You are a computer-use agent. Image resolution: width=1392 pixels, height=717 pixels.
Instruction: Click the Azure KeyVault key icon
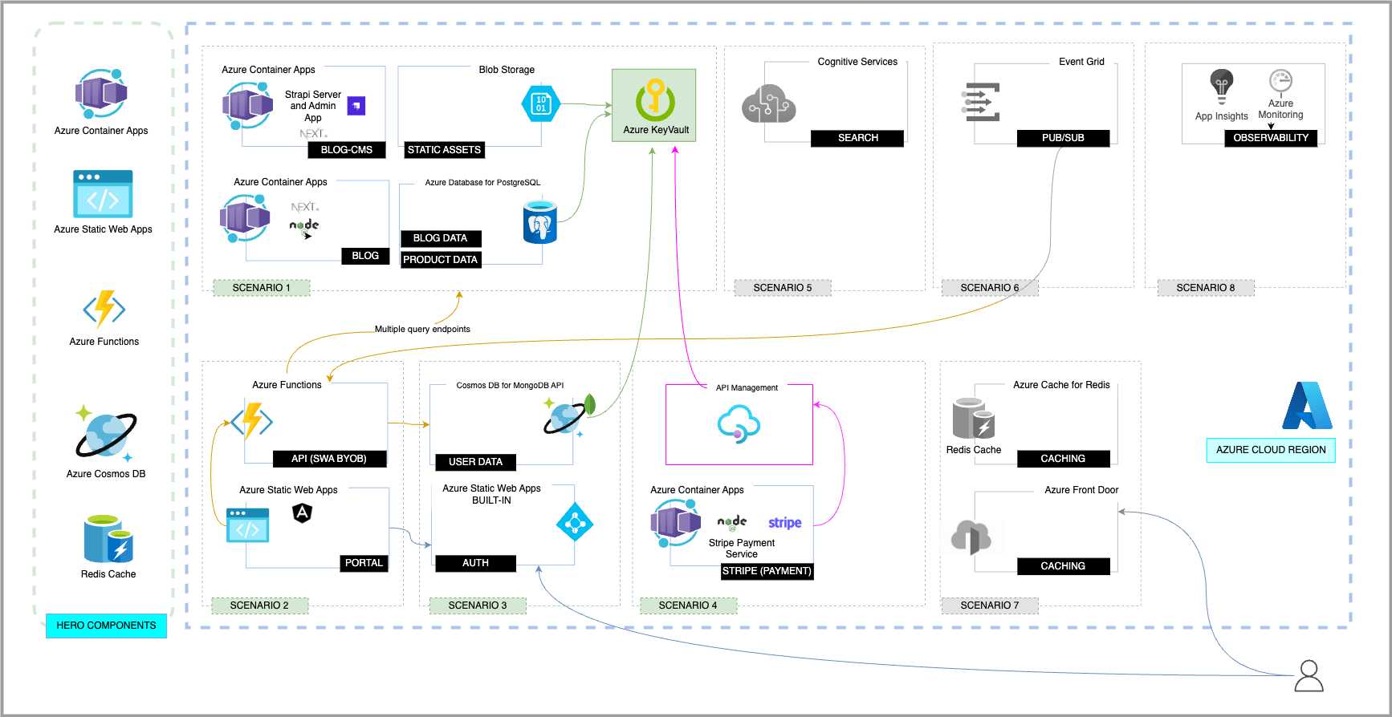(655, 99)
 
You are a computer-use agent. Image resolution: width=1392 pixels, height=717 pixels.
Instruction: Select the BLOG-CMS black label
(347, 150)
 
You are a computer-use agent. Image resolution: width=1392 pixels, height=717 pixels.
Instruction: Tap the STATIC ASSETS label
(444, 150)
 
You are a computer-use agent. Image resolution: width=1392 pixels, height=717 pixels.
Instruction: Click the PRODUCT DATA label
(440, 260)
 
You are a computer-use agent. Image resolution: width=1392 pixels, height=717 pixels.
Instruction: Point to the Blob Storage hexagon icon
(540, 103)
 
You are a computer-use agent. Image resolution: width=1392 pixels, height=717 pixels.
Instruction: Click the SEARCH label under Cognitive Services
(857, 138)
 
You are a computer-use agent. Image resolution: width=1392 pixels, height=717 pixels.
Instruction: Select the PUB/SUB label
(1063, 138)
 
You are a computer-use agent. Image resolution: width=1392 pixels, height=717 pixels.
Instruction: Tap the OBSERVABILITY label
(1270, 138)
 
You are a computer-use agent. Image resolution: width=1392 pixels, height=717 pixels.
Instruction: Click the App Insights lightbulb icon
(1221, 86)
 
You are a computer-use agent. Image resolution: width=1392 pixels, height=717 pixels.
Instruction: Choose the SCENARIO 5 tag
(782, 288)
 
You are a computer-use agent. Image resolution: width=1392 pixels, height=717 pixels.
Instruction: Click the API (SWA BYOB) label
(328, 459)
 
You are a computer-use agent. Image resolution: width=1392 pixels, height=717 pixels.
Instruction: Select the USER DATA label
(475, 462)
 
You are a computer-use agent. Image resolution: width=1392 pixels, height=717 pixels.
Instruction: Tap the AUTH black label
(475, 563)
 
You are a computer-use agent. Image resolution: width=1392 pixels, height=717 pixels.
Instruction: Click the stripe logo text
(784, 523)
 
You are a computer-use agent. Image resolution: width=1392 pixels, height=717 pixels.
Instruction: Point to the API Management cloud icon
(738, 423)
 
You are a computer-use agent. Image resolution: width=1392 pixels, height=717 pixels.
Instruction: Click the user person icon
(1309, 676)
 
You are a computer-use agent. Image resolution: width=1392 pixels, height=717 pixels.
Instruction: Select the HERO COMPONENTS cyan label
(106, 626)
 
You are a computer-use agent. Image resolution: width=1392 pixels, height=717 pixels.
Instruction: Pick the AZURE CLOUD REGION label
(1270, 450)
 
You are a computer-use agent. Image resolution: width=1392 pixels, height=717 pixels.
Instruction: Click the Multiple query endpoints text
(422, 329)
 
